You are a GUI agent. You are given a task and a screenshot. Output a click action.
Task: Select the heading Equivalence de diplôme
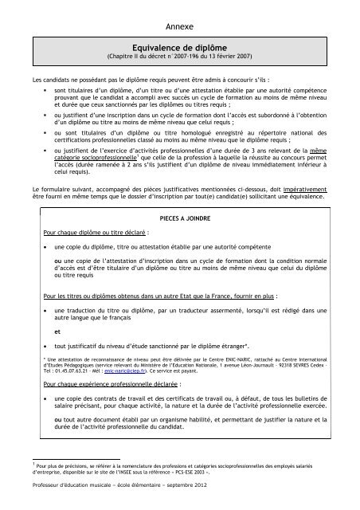180,48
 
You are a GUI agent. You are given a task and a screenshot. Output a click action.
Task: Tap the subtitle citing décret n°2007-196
180,58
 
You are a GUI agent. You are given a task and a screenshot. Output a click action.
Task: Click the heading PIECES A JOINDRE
182,217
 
